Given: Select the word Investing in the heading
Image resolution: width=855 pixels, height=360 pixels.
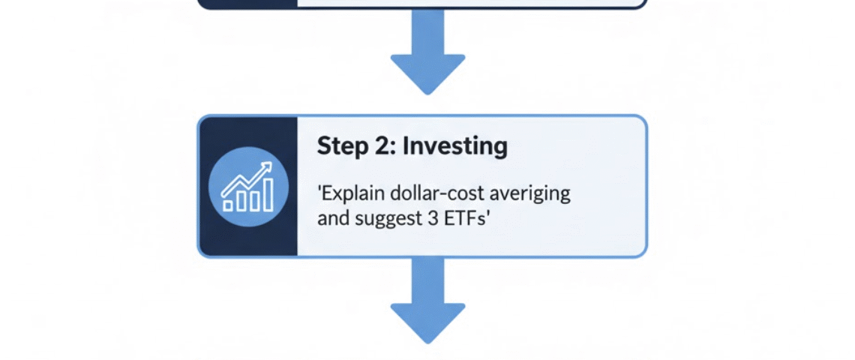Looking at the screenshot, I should pyautogui.click(x=454, y=145).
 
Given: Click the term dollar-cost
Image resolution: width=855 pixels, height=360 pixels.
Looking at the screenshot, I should pyautogui.click(x=436, y=193).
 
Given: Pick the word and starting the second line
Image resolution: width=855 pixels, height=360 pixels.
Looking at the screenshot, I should pyautogui.click(x=331, y=219).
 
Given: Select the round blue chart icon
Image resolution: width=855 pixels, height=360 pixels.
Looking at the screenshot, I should pyautogui.click(x=247, y=187).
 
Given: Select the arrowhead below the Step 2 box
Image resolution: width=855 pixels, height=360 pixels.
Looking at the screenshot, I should pyautogui.click(x=427, y=321).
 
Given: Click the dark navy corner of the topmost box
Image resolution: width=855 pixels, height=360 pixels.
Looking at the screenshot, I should pyautogui.click(x=247, y=4).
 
